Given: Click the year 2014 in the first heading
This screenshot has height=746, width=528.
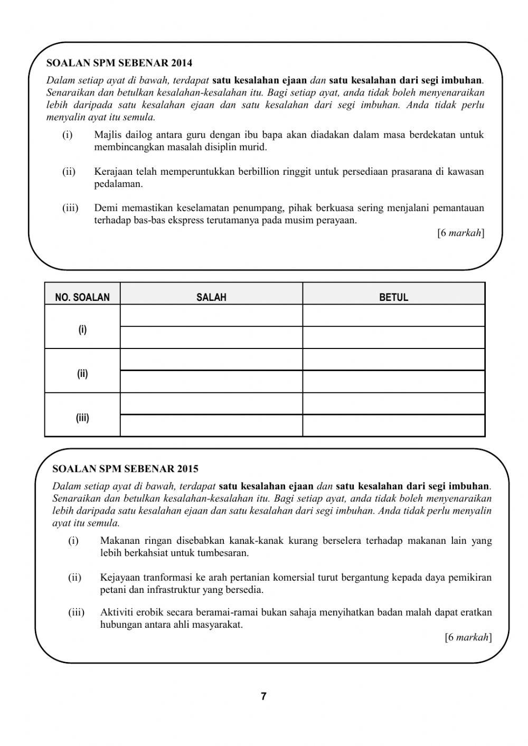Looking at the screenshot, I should click(182, 63).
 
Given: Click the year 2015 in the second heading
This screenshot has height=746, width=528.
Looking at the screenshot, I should click(188, 468).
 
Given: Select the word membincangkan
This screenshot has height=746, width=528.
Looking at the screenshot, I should click(125, 147).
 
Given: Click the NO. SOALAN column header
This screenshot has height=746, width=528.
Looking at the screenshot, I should click(82, 297).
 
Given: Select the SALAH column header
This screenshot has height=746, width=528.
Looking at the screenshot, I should click(211, 297).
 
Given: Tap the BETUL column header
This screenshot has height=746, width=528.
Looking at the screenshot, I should click(393, 297).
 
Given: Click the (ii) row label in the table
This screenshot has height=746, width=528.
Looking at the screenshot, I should click(82, 374).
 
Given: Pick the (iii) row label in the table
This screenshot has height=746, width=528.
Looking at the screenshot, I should click(82, 418).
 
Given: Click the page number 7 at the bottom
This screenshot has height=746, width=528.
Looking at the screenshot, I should click(263, 696).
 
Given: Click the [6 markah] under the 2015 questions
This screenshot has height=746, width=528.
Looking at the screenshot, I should click(468, 637).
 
